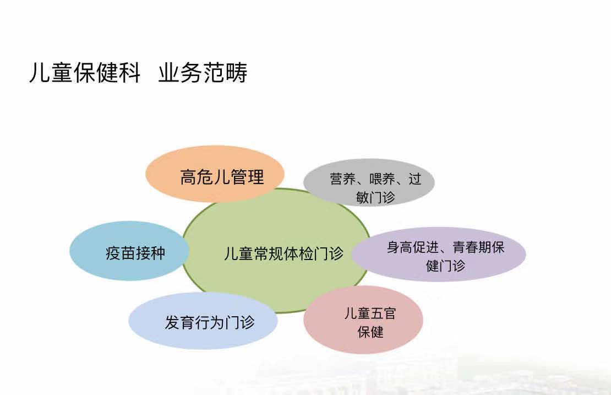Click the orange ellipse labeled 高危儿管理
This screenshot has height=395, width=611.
pyautogui.click(x=215, y=174)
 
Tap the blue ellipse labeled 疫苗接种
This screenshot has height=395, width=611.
pyautogui.click(x=129, y=251)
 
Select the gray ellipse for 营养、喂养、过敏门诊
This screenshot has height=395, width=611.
pyautogui.click(x=369, y=182)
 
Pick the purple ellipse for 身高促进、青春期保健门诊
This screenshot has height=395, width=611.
pyautogui.click(x=439, y=254)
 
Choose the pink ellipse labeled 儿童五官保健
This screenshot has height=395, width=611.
pyautogui.click(x=363, y=320)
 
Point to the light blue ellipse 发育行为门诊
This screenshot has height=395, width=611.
pyautogui.click(x=203, y=321)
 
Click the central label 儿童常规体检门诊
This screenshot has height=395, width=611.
pyautogui.click(x=283, y=253)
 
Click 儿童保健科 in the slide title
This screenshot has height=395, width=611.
pyautogui.click(x=85, y=73)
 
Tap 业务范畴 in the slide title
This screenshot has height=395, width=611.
pyautogui.click(x=203, y=73)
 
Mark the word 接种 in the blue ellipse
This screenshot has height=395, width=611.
pyautogui.click(x=150, y=253)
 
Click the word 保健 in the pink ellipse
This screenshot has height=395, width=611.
pyautogui.click(x=370, y=332)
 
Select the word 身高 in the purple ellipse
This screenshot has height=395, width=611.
pyautogui.click(x=400, y=247)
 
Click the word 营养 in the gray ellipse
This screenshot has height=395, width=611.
pyautogui.click(x=343, y=179)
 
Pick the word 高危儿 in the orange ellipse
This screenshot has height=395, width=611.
pyautogui.click(x=205, y=177)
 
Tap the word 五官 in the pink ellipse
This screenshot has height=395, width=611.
pyautogui.click(x=384, y=313)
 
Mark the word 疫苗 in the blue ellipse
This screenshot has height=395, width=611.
pyautogui.click(x=121, y=253)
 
